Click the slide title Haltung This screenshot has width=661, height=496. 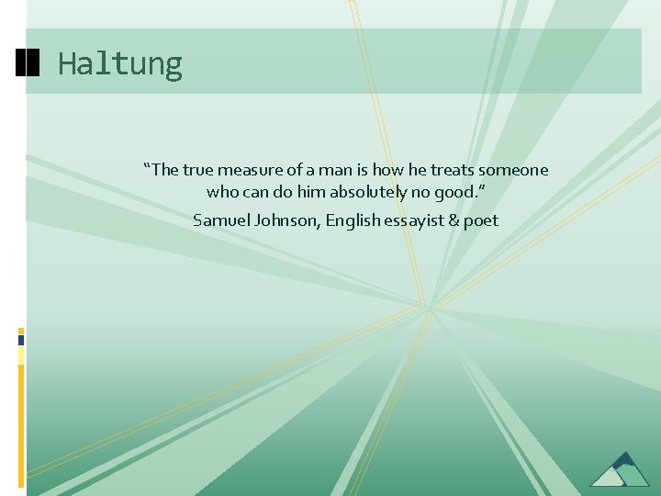tap(120, 64)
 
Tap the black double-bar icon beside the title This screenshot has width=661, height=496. tap(28, 62)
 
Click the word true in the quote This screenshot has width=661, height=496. tap(198, 170)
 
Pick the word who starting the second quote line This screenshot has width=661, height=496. tap(222, 193)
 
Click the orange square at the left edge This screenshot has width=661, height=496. tap(21, 330)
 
